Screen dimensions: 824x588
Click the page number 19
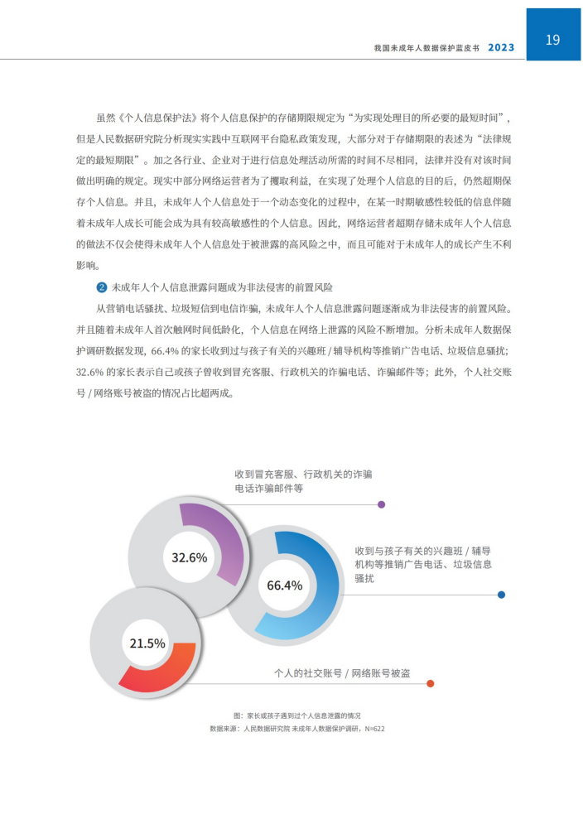[x=553, y=39]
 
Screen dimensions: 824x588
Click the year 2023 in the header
[x=500, y=47]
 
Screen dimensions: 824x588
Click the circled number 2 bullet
[x=102, y=287]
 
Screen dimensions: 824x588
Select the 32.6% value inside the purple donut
[x=189, y=557]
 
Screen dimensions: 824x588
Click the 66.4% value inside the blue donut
[x=284, y=585]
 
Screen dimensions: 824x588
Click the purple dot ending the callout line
[x=381, y=504]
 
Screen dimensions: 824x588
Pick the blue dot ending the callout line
[x=501, y=595]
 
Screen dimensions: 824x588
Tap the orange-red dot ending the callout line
[x=430, y=683]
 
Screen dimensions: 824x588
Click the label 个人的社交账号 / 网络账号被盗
[x=341, y=672]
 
